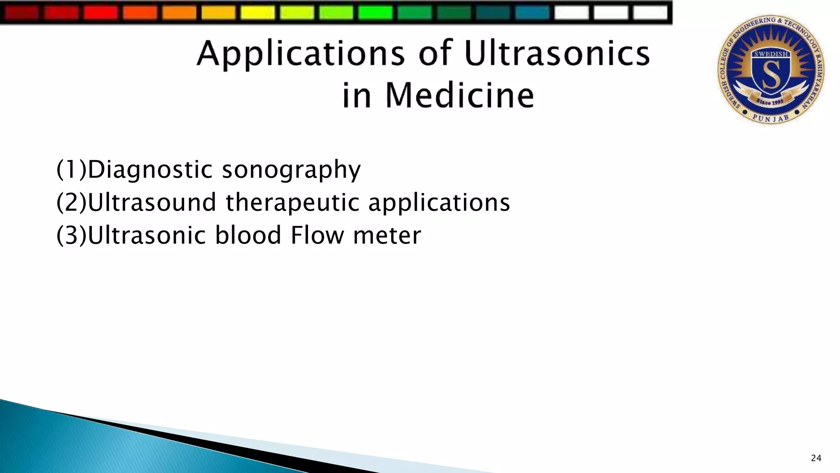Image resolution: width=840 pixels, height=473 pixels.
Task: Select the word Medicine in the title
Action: click(x=459, y=95)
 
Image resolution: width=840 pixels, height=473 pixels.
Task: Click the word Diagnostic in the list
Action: click(x=150, y=169)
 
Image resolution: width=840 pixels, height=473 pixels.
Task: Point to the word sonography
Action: click(x=291, y=170)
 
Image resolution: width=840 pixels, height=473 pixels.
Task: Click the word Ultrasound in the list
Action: click(x=152, y=202)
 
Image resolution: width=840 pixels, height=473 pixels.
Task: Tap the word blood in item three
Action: click(x=248, y=235)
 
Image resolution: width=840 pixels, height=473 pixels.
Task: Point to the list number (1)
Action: click(x=71, y=169)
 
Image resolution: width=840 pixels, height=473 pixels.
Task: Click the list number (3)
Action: click(x=71, y=236)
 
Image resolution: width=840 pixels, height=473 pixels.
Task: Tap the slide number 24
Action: click(x=816, y=458)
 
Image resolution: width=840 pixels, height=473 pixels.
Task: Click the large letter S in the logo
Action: click(x=771, y=76)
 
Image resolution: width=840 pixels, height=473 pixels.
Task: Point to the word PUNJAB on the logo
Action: click(x=771, y=118)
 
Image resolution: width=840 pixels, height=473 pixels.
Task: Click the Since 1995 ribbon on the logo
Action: click(x=770, y=101)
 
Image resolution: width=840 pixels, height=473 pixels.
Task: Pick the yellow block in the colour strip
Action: click(x=258, y=12)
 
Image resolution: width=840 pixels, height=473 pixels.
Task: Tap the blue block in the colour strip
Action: click(x=532, y=12)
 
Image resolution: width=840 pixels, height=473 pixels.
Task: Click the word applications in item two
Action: click(x=439, y=203)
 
